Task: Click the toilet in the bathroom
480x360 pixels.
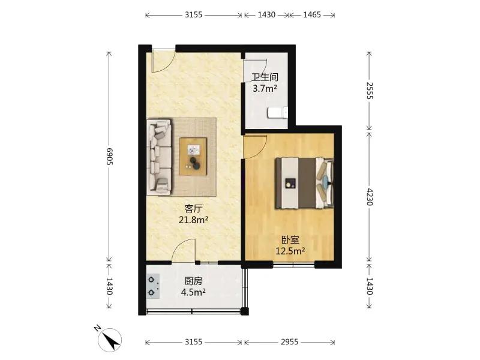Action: tap(278, 112)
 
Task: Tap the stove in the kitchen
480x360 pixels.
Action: tap(153, 286)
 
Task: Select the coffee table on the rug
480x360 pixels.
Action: tap(193, 157)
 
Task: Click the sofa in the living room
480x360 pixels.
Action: tap(159, 157)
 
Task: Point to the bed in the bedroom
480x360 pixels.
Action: tap(304, 183)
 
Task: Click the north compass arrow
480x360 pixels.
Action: tap(111, 340)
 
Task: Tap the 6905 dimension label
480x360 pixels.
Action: tap(109, 157)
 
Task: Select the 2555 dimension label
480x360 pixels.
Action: tap(370, 91)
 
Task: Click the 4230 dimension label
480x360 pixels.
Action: tap(370, 197)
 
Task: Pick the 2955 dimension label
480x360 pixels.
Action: tap(289, 342)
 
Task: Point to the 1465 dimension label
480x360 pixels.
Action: tap(312, 14)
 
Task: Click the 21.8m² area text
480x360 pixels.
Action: tap(193, 220)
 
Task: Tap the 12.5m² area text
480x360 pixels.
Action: tap(290, 251)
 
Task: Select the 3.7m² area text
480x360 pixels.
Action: tap(265, 89)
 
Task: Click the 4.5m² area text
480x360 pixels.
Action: tap(193, 292)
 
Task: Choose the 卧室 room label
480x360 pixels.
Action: tap(290, 240)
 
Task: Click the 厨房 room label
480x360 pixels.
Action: tap(193, 281)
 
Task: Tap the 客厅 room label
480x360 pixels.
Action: tap(193, 209)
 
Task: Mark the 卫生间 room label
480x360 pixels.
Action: tap(265, 77)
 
